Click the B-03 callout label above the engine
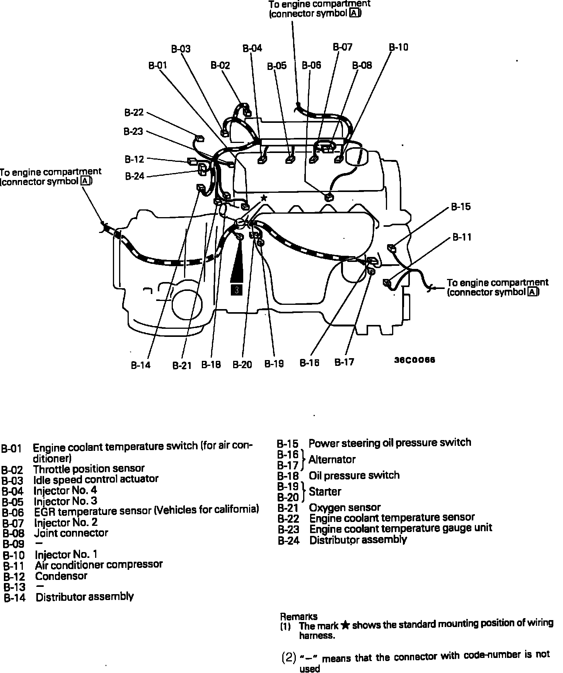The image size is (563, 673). tap(181, 49)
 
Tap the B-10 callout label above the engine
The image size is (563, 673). tap(399, 47)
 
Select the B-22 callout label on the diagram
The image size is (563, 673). tap(134, 112)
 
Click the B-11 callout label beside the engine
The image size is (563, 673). tap(462, 237)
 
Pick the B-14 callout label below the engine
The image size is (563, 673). tap(140, 365)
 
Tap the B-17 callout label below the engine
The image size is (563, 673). tap(344, 362)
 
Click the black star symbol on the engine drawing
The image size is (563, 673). tap(264, 198)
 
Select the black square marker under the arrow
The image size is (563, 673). tap(236, 290)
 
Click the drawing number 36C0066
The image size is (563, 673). tap(415, 360)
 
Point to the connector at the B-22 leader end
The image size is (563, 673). tap(200, 138)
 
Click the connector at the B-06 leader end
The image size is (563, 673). tap(329, 197)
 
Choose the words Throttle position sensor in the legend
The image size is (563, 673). tap(89, 469)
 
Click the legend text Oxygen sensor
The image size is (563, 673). tap(345, 507)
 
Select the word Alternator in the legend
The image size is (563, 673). tap(332, 460)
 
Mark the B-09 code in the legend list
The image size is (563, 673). tap(13, 544)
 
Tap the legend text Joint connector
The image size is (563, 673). tap(71, 533)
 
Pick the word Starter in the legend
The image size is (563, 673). tap(325, 492)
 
